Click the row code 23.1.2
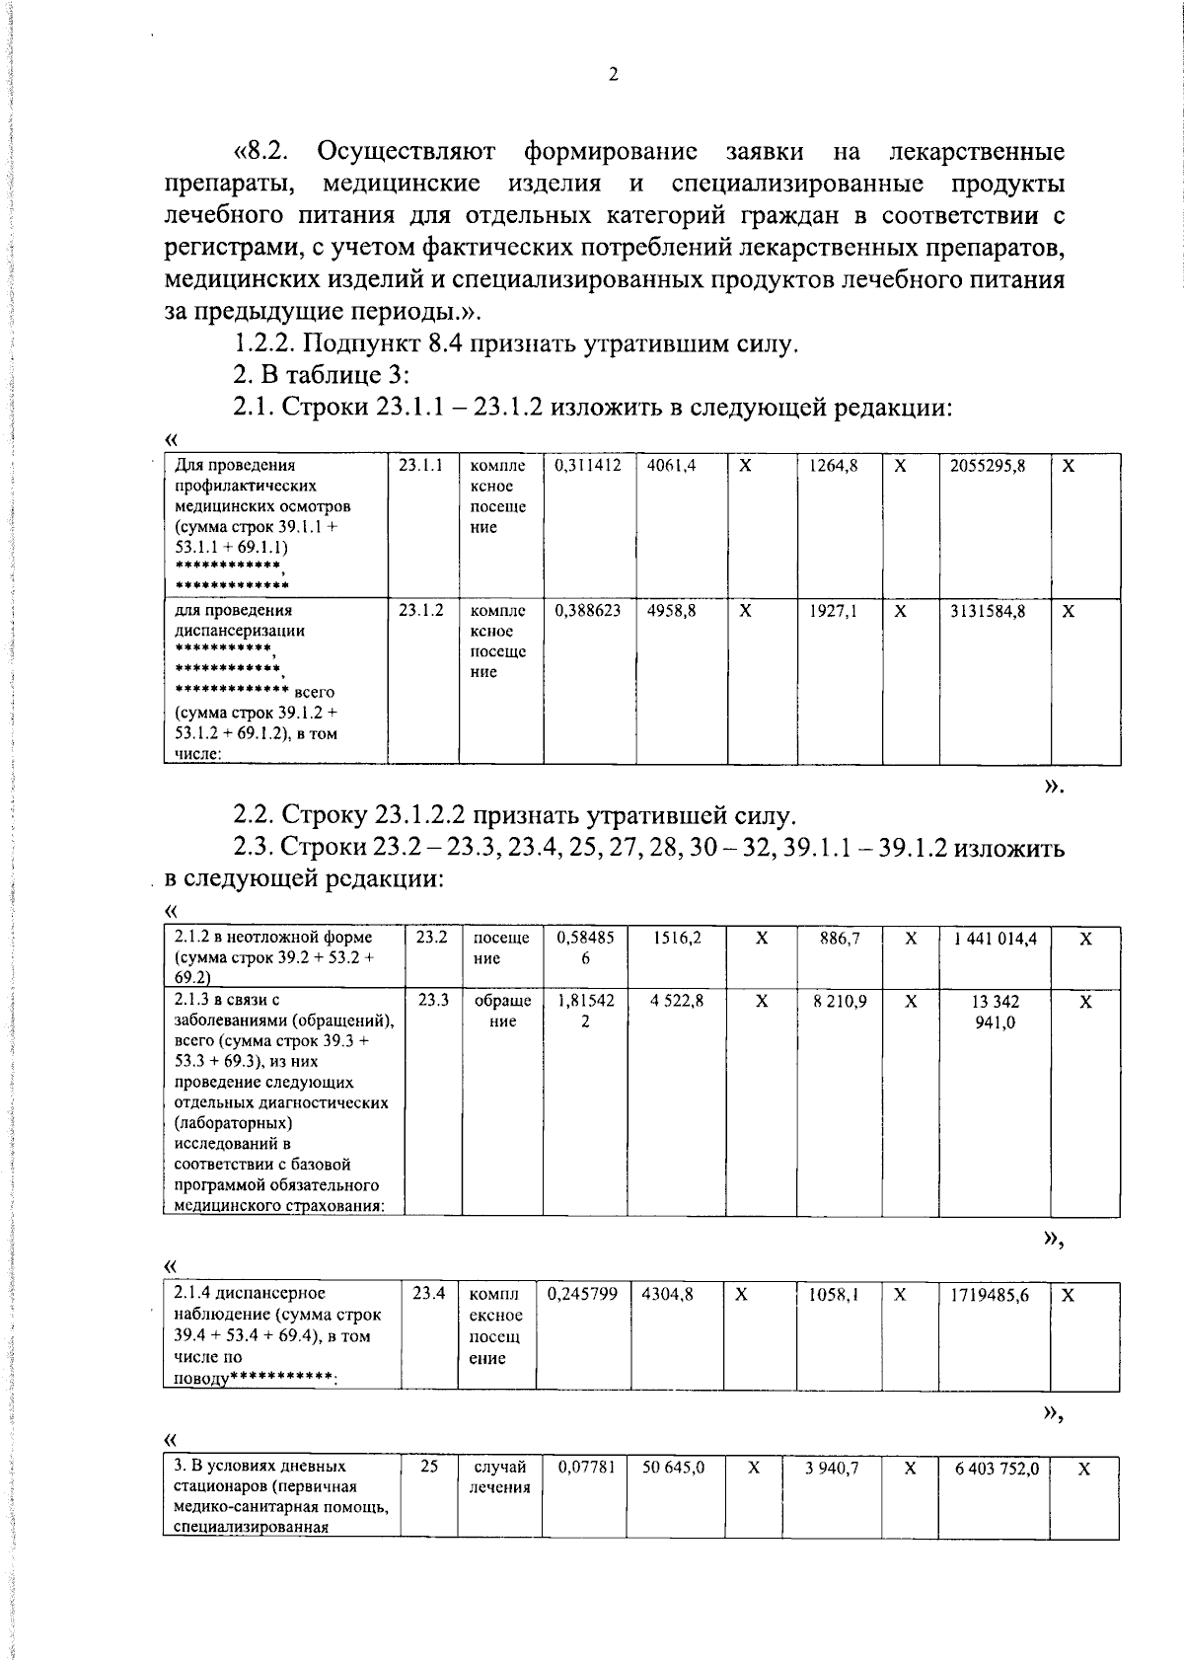point(420,611)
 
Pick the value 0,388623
point(588,611)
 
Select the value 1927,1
point(834,611)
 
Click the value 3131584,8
point(987,611)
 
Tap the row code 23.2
point(432,938)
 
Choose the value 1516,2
point(677,938)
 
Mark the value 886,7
point(840,939)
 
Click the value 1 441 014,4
point(995,939)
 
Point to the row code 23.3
point(432,1000)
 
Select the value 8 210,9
point(840,1001)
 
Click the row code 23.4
point(428,1293)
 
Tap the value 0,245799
point(582,1293)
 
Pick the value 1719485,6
point(990,1294)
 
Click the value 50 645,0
point(673,1468)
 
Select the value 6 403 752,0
point(997,1469)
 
